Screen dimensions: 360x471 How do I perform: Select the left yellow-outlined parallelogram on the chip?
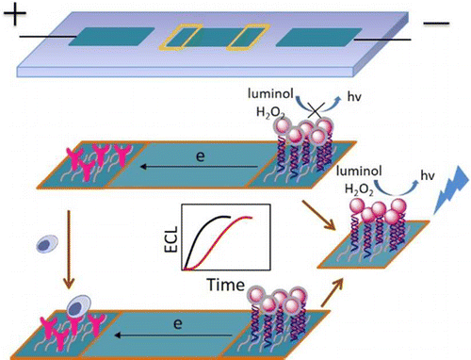coord(181,37)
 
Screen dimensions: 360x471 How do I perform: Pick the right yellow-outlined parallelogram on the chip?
coord(247,38)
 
